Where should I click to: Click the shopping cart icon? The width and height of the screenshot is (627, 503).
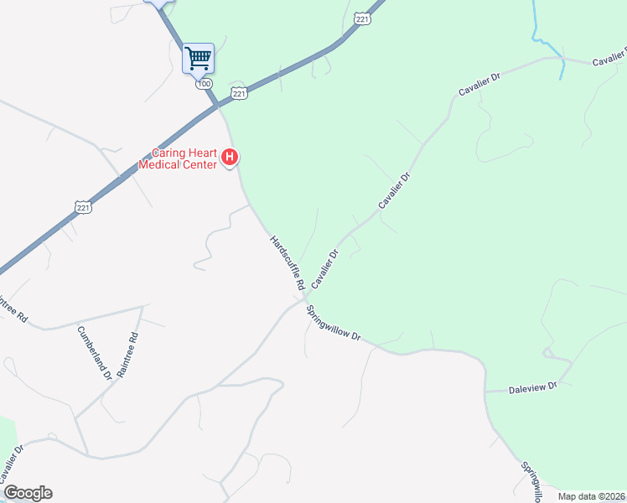point(199,59)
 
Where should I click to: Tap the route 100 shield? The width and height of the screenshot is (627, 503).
point(204,84)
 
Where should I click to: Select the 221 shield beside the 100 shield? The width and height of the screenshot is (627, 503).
point(240,94)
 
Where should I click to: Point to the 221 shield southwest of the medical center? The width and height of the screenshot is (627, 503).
point(82,206)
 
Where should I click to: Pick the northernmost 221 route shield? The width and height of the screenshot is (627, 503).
point(362,18)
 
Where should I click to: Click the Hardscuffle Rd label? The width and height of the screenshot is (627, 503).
point(288,263)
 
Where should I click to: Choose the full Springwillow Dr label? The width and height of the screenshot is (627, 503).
point(333,322)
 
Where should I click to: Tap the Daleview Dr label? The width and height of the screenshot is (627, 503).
point(533,388)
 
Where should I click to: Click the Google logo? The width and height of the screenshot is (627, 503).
point(28,493)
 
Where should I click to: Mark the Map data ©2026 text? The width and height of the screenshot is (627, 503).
point(591,496)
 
